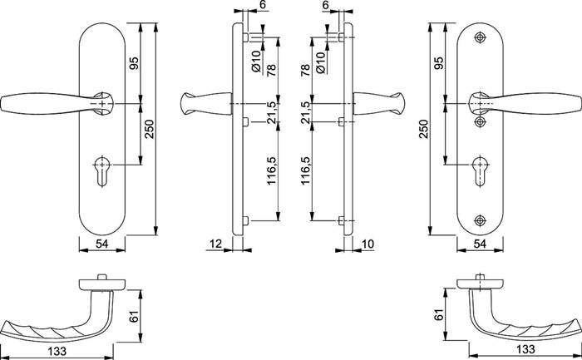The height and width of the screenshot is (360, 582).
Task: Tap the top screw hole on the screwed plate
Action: click(x=481, y=39)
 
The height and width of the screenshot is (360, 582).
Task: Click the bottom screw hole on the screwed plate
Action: click(x=481, y=220)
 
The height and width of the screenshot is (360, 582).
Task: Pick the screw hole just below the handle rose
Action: click(x=481, y=121)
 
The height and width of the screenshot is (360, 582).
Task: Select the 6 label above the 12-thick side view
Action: click(x=264, y=5)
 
